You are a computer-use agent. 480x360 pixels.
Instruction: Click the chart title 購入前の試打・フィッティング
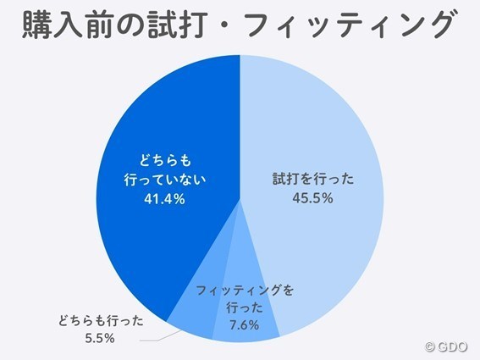tap(240, 26)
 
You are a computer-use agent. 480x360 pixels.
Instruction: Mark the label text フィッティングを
tap(244, 291)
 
